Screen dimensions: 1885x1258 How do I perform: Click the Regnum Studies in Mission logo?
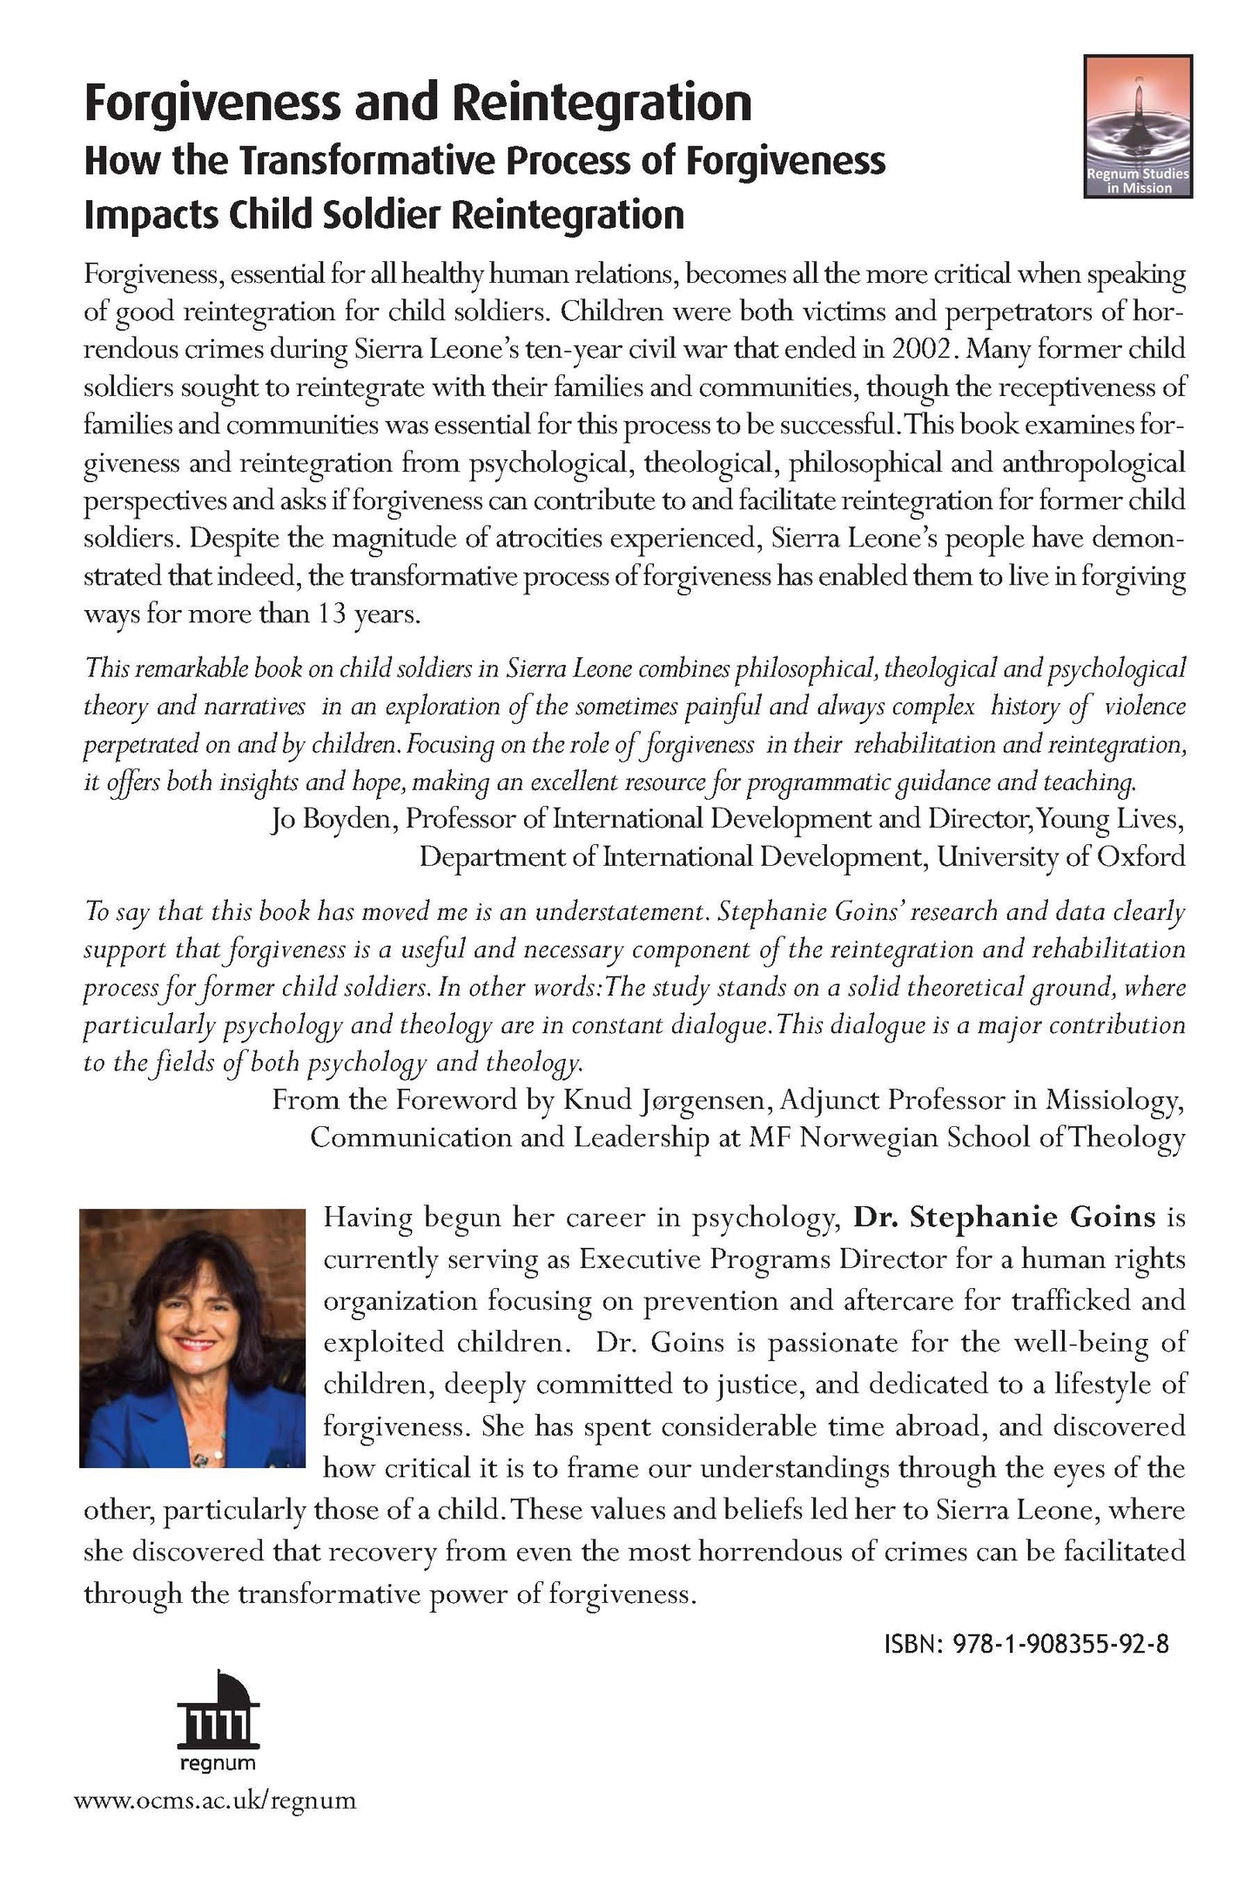pyautogui.click(x=1137, y=126)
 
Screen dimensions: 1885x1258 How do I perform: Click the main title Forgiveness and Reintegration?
pyautogui.click(x=418, y=104)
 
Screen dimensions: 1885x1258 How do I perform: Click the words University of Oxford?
pyautogui.click(x=1060, y=857)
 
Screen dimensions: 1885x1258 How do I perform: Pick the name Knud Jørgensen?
pyautogui.click(x=666, y=1101)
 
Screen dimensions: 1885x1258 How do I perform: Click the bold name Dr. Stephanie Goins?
pyautogui.click(x=1005, y=1217)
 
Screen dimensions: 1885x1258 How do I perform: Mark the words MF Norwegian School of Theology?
pyautogui.click(x=966, y=1138)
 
